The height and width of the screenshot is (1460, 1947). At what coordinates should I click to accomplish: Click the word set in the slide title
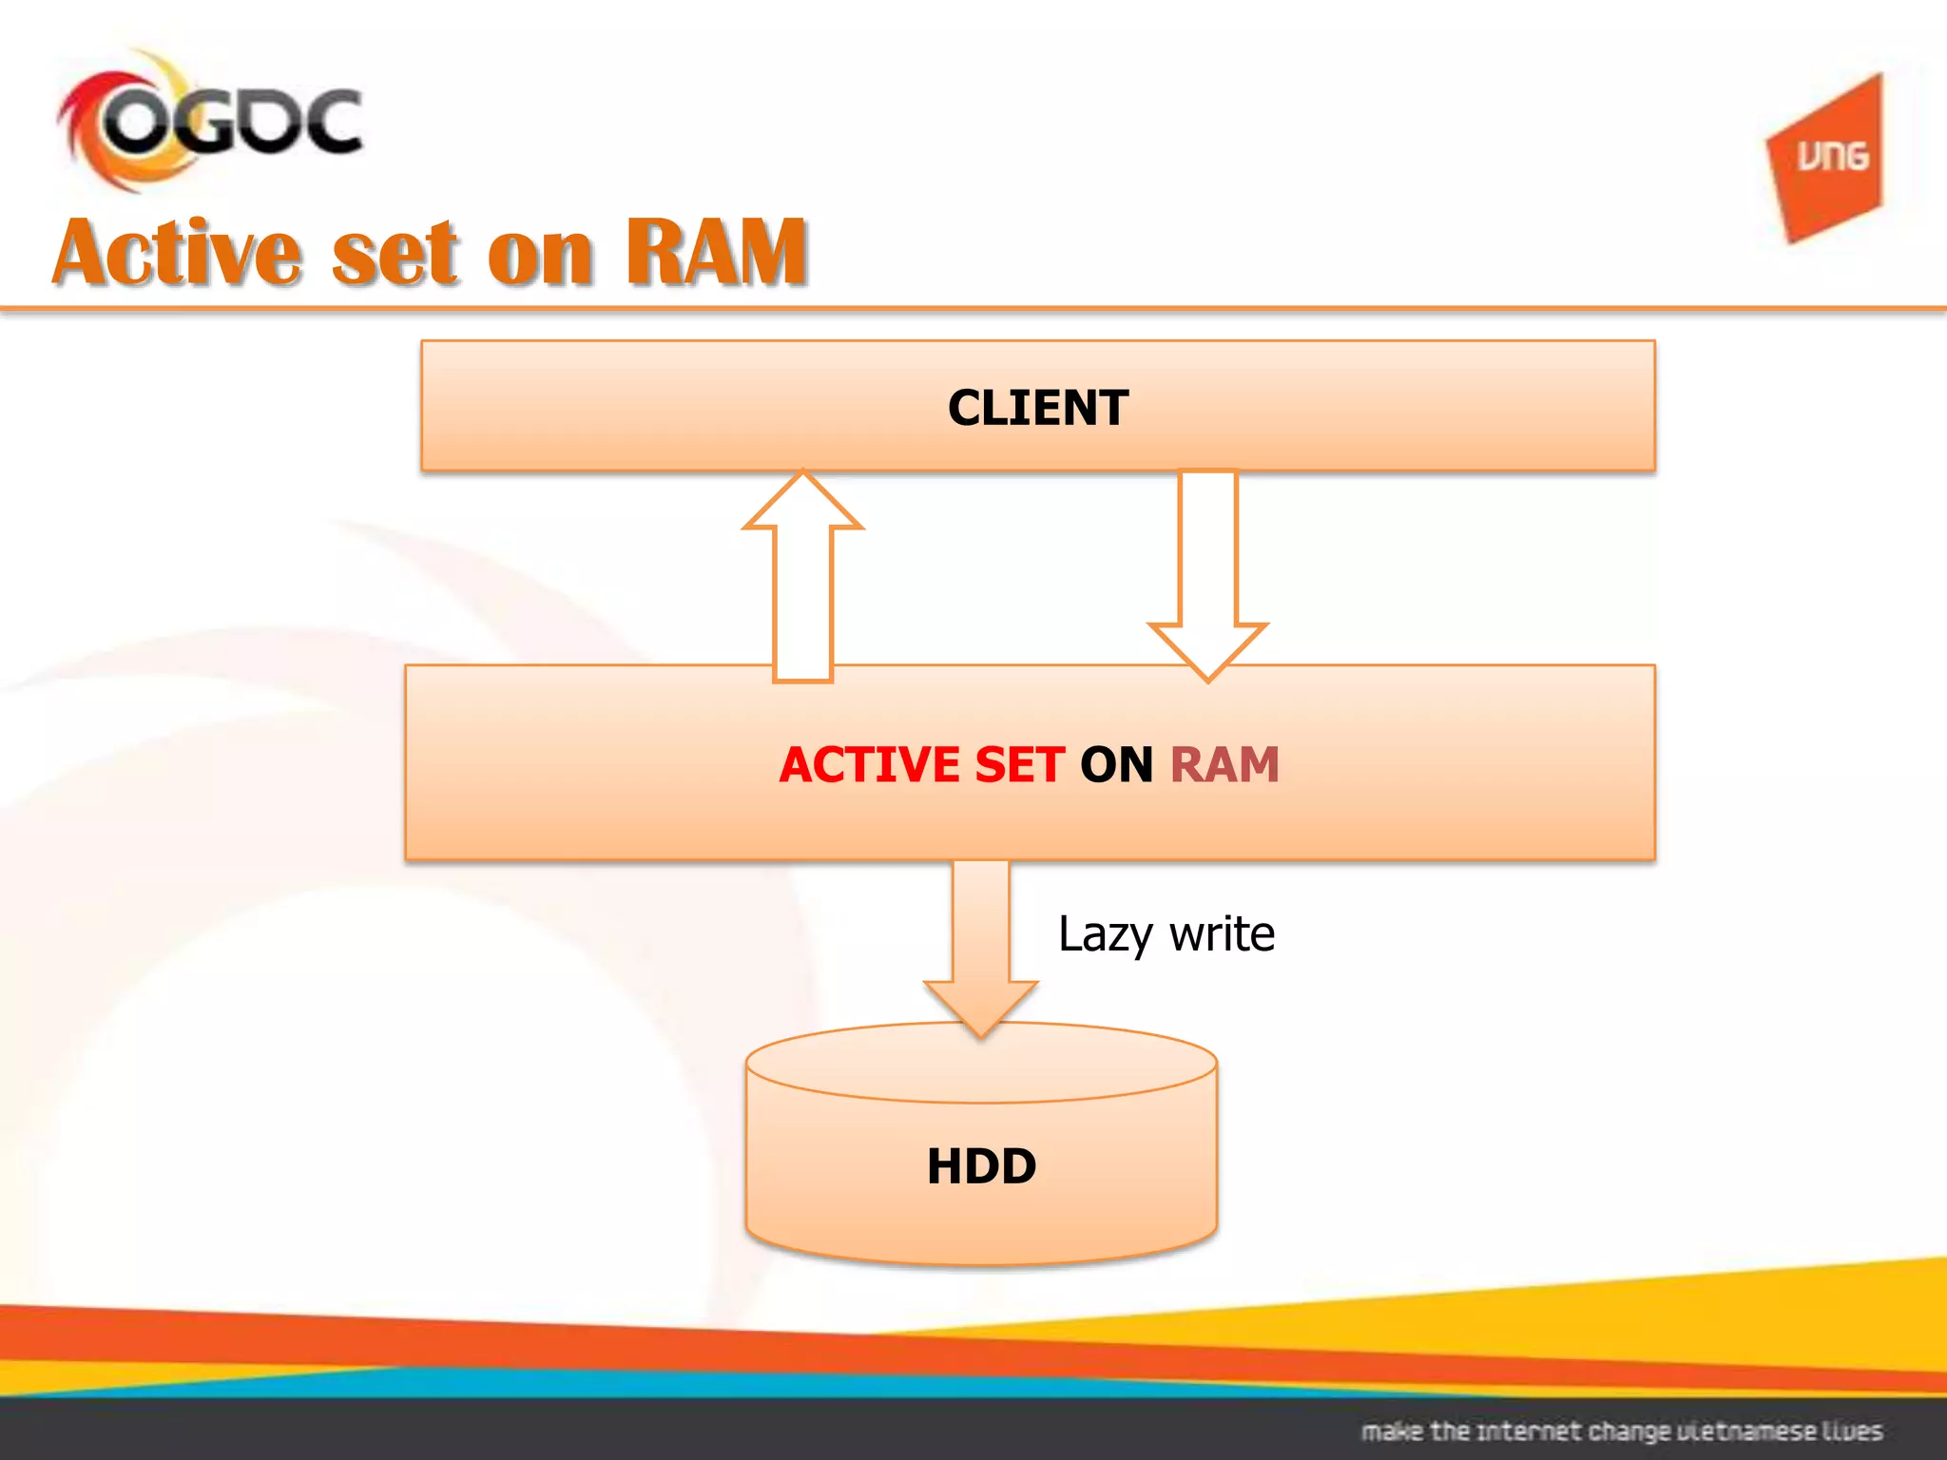(395, 255)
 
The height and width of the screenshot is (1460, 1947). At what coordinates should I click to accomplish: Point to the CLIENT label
(1038, 408)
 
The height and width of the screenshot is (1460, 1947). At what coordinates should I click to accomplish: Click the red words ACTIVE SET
(920, 765)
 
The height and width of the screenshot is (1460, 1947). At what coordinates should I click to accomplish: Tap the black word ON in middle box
(1116, 765)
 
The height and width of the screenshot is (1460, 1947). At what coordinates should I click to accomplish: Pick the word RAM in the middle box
(1224, 765)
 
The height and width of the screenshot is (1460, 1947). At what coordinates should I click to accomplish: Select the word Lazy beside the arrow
(1105, 935)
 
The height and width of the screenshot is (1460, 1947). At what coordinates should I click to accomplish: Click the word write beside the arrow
(1222, 933)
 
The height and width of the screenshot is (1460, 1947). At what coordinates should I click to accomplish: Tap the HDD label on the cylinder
(981, 1166)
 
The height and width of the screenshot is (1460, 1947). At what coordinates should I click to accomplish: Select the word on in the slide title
(540, 255)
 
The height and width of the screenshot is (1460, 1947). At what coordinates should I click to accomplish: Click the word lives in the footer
(1852, 1431)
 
